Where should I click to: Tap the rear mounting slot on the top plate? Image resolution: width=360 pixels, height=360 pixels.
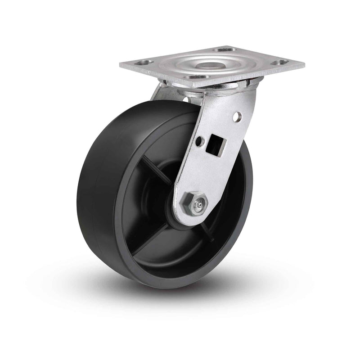point(225,49)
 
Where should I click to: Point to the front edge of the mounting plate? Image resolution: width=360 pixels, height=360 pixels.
point(180,81)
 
